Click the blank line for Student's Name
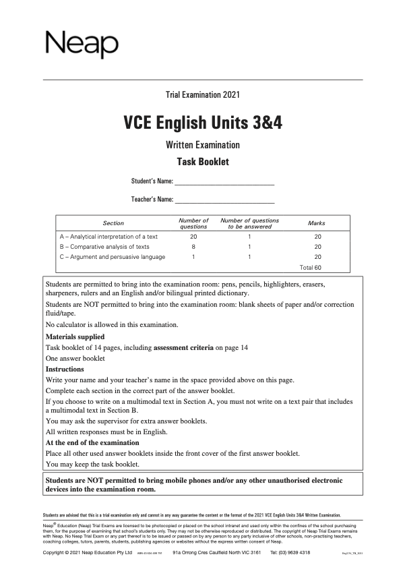click(x=224, y=181)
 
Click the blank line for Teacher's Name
click(x=224, y=199)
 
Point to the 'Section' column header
click(x=113, y=223)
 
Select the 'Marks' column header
click(x=317, y=223)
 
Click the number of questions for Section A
click(x=193, y=237)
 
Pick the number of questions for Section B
click(x=193, y=247)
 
